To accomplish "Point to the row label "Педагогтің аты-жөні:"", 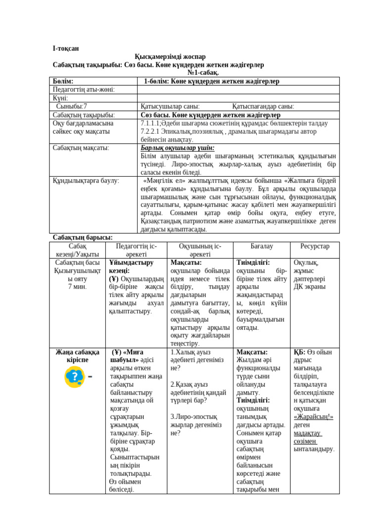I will [84, 90].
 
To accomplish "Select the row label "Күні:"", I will [61, 98].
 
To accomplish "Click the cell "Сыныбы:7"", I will [71, 106].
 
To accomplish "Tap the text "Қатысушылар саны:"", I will [170, 106].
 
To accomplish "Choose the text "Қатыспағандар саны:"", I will [263, 106].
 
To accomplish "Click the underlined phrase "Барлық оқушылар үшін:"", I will [177, 148].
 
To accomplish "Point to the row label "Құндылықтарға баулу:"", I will [86, 181].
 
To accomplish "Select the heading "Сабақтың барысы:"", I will [83, 238].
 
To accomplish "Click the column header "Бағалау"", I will [262, 246].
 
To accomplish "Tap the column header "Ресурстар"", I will [315, 246].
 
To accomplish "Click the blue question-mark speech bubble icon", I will [74, 377].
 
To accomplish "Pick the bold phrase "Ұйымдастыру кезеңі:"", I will [131, 266].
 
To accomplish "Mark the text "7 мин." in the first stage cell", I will [77, 287].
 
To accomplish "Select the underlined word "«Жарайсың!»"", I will [314, 417].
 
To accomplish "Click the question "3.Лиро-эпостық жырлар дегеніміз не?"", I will [196, 425].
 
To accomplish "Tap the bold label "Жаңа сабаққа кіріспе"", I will [77, 356].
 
